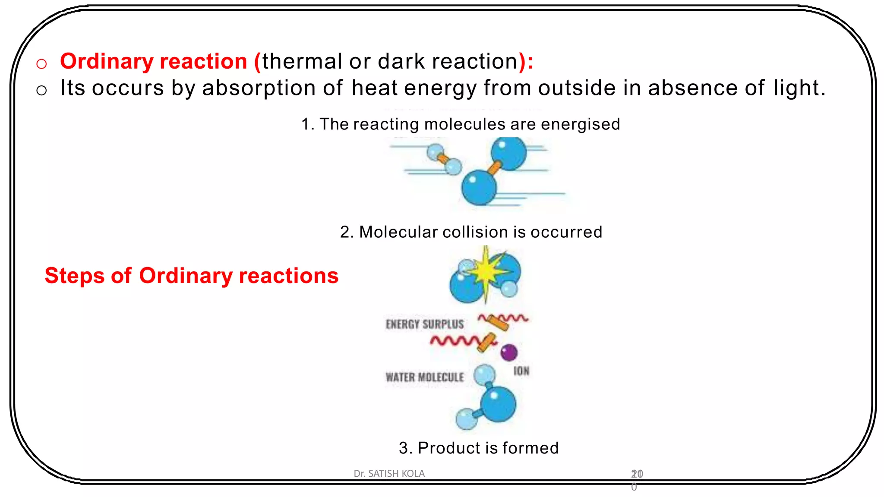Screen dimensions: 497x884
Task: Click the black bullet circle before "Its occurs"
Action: [x=41, y=91]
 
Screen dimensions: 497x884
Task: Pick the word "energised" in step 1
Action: [x=580, y=125]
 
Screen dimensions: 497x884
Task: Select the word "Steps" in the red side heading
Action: [x=74, y=276]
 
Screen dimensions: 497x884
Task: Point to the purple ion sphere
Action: [x=509, y=352]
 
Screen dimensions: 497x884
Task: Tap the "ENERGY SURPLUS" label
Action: [x=425, y=324]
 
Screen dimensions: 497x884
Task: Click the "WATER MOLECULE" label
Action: [x=425, y=377]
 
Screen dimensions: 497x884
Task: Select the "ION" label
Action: [x=521, y=371]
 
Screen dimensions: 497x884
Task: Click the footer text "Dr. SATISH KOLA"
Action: [x=389, y=474]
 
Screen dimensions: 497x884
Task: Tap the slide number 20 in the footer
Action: [x=637, y=474]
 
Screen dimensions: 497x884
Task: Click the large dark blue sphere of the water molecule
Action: [x=498, y=404]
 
